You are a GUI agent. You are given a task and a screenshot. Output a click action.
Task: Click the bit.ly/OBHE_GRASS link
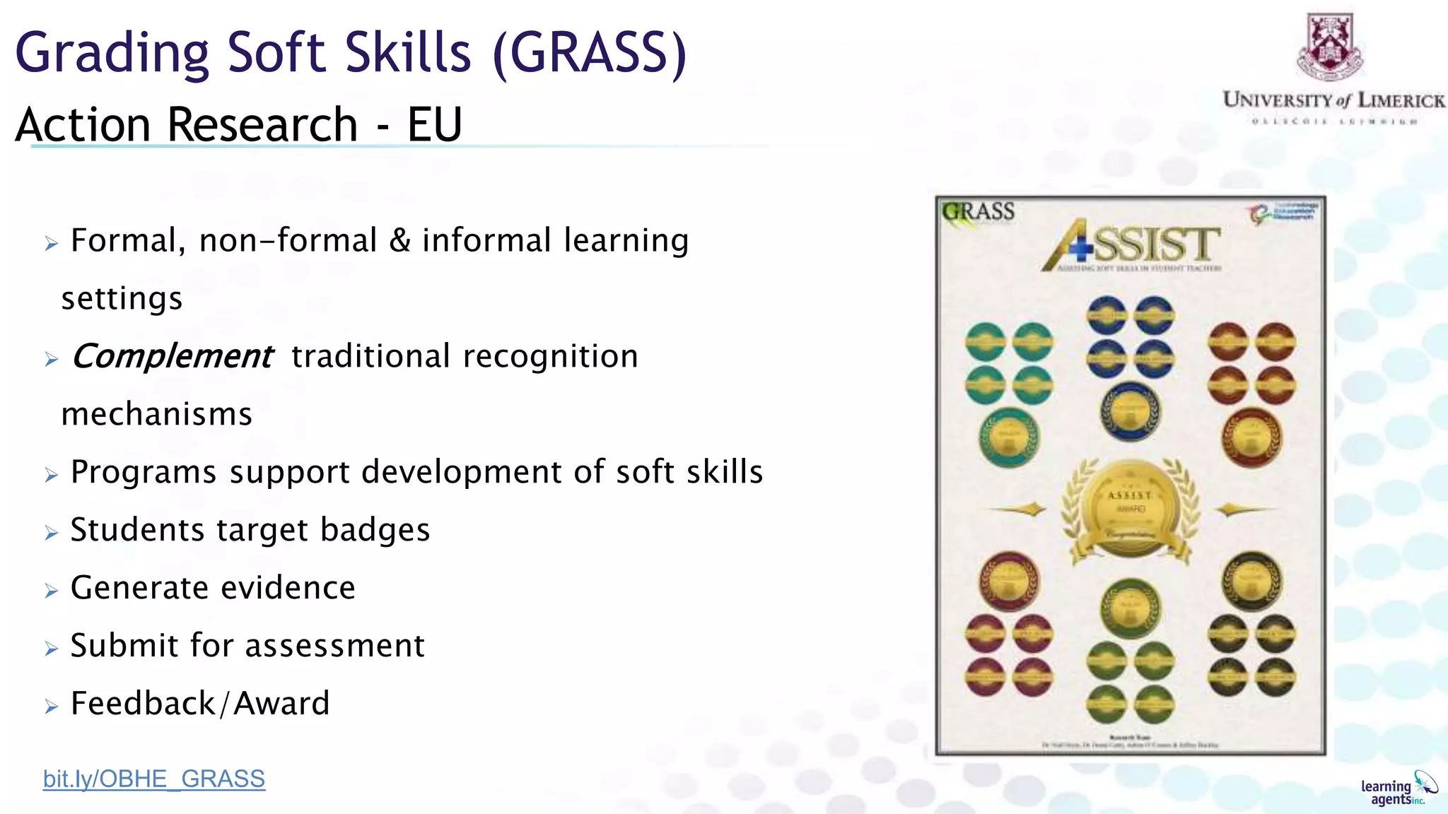(x=154, y=779)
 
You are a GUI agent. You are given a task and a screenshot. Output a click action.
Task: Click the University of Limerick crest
(x=1330, y=47)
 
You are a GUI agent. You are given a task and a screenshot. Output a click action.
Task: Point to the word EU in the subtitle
(x=434, y=125)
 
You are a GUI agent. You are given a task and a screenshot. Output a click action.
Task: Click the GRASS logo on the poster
(x=979, y=212)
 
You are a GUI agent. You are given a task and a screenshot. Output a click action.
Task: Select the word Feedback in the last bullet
(x=143, y=704)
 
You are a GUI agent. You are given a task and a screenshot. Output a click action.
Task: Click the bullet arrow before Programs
(x=51, y=475)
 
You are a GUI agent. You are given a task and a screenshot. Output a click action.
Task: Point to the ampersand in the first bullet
(x=399, y=240)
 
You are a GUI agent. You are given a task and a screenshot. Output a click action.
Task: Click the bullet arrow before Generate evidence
(x=51, y=591)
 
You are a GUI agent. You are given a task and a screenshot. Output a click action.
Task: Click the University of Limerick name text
(x=1333, y=100)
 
